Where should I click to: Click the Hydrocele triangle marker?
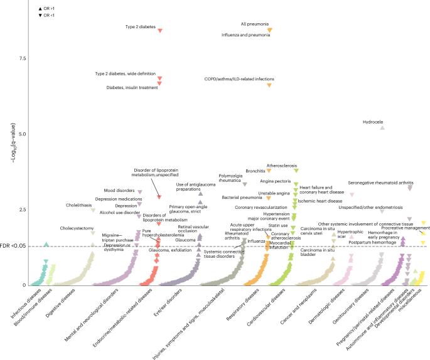click(x=382, y=127)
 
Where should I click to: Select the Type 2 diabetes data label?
click(x=140, y=27)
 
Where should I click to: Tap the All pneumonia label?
click(x=252, y=24)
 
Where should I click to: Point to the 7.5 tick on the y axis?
click(x=23, y=59)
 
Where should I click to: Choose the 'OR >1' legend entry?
click(x=46, y=7)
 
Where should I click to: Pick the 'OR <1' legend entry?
click(x=46, y=14)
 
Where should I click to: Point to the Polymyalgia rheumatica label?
click(x=230, y=179)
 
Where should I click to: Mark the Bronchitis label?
click(x=255, y=170)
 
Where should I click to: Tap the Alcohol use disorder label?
click(x=119, y=213)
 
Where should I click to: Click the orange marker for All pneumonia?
click(x=270, y=30)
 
